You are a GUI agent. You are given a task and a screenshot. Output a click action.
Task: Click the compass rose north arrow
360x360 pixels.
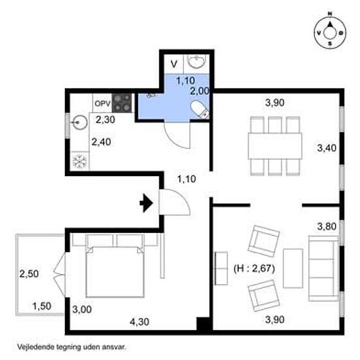click(x=330, y=24)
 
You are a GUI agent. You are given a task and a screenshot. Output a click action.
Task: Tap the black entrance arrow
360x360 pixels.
click(x=146, y=203)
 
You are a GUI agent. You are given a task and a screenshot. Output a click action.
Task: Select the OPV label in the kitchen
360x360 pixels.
click(x=102, y=103)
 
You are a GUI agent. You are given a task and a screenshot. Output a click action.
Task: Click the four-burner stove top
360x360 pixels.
click(x=122, y=103)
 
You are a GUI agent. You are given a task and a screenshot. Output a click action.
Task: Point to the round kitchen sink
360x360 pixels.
click(x=79, y=122)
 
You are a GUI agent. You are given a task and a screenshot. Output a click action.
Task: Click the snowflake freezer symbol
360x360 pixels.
click(x=79, y=161)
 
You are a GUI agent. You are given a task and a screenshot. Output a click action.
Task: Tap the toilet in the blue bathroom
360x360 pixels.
click(x=200, y=109)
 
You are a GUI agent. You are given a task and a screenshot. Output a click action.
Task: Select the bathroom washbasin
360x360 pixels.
click(x=196, y=62)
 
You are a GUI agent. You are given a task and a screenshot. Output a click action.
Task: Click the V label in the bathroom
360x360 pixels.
click(x=174, y=64)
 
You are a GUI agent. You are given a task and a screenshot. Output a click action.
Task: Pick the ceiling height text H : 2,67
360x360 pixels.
click(x=254, y=268)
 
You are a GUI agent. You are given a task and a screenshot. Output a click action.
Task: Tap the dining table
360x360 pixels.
click(x=275, y=146)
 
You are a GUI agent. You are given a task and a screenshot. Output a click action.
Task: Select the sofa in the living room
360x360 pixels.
click(x=324, y=268)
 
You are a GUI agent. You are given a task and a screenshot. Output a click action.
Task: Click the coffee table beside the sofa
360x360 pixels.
click(x=293, y=268)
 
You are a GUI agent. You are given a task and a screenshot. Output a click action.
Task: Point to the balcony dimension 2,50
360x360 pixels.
click(x=29, y=274)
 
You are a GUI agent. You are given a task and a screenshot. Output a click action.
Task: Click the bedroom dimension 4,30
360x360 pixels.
click(x=139, y=322)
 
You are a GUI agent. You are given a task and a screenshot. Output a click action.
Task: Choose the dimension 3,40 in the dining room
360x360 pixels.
click(x=327, y=148)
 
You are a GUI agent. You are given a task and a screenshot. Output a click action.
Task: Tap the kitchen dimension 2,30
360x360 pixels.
click(x=105, y=120)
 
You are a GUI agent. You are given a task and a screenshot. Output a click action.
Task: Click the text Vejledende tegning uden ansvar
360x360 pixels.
click(x=72, y=347)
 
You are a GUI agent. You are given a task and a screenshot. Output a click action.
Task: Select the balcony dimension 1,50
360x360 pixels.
click(x=42, y=306)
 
